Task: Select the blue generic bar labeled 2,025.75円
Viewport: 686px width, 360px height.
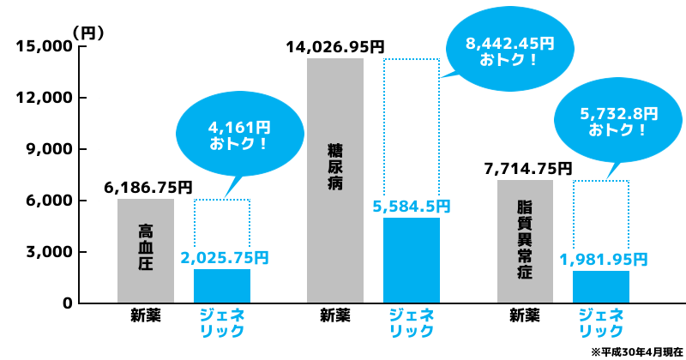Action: click(x=222, y=286)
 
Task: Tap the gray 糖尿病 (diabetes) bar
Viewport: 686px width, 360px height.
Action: click(x=335, y=180)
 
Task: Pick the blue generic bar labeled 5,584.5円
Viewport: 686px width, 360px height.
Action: click(x=412, y=261)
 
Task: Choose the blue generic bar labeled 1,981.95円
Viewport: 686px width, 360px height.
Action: click(x=601, y=287)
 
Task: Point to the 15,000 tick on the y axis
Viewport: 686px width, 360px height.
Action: click(x=43, y=46)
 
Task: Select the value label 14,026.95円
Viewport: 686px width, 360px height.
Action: click(x=335, y=46)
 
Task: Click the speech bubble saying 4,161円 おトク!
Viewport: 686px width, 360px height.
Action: click(x=239, y=135)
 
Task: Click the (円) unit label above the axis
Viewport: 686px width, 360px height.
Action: click(x=87, y=33)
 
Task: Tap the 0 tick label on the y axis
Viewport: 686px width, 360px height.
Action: click(x=67, y=303)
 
